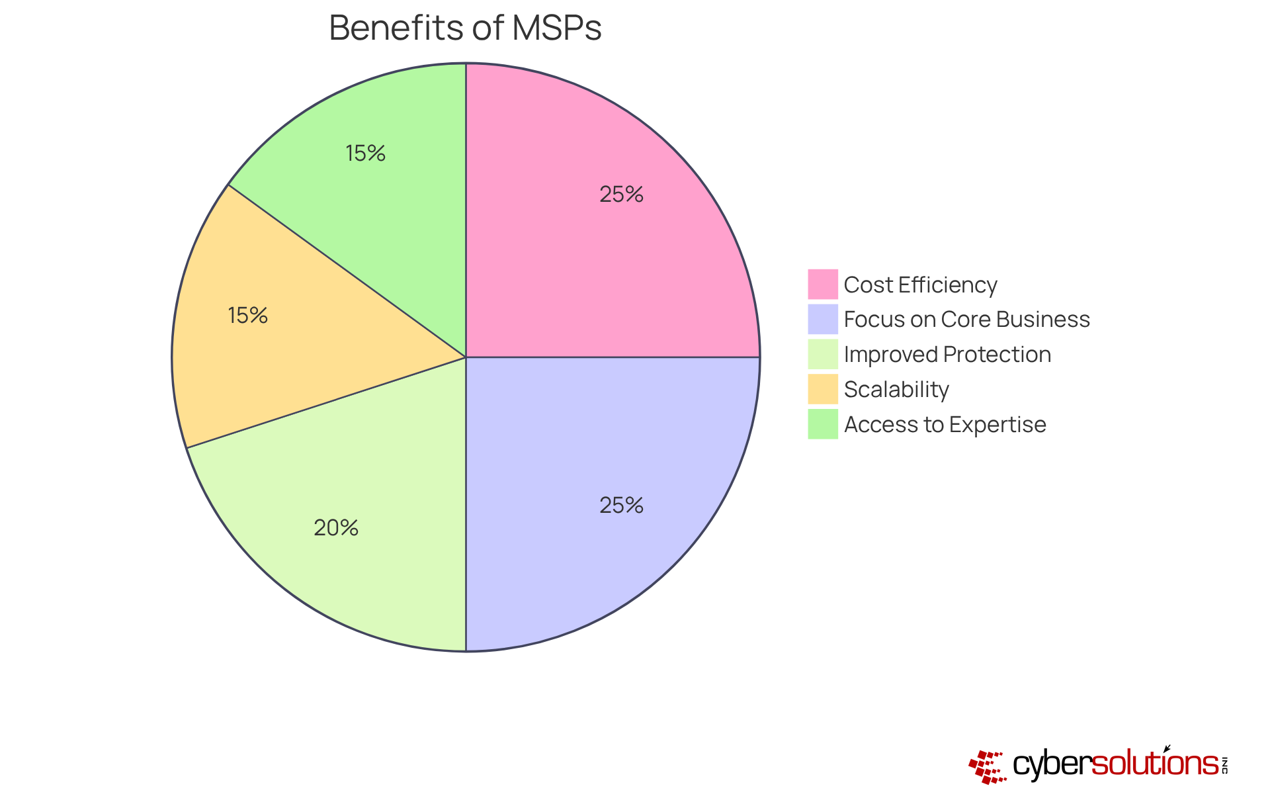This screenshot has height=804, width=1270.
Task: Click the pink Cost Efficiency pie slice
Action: pos(595,251)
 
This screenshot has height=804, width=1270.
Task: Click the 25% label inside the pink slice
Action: pos(621,195)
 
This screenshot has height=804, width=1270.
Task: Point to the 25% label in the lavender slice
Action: pos(621,506)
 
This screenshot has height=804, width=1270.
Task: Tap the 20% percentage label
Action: pos(336,528)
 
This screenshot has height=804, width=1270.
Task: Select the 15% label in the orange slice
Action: pos(247,316)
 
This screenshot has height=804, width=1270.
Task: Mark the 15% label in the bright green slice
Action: pos(365,154)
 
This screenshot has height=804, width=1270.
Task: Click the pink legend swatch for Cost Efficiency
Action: pos(822,285)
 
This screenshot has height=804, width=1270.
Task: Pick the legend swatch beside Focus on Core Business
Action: pos(822,319)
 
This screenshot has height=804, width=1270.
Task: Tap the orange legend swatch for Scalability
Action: pos(822,389)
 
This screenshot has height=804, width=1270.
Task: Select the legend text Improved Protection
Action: pos(947,355)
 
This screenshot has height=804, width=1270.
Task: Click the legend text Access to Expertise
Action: pos(945,424)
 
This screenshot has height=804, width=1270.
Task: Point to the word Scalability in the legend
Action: pos(896,389)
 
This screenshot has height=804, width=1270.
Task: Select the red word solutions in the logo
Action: pos(1154,764)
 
